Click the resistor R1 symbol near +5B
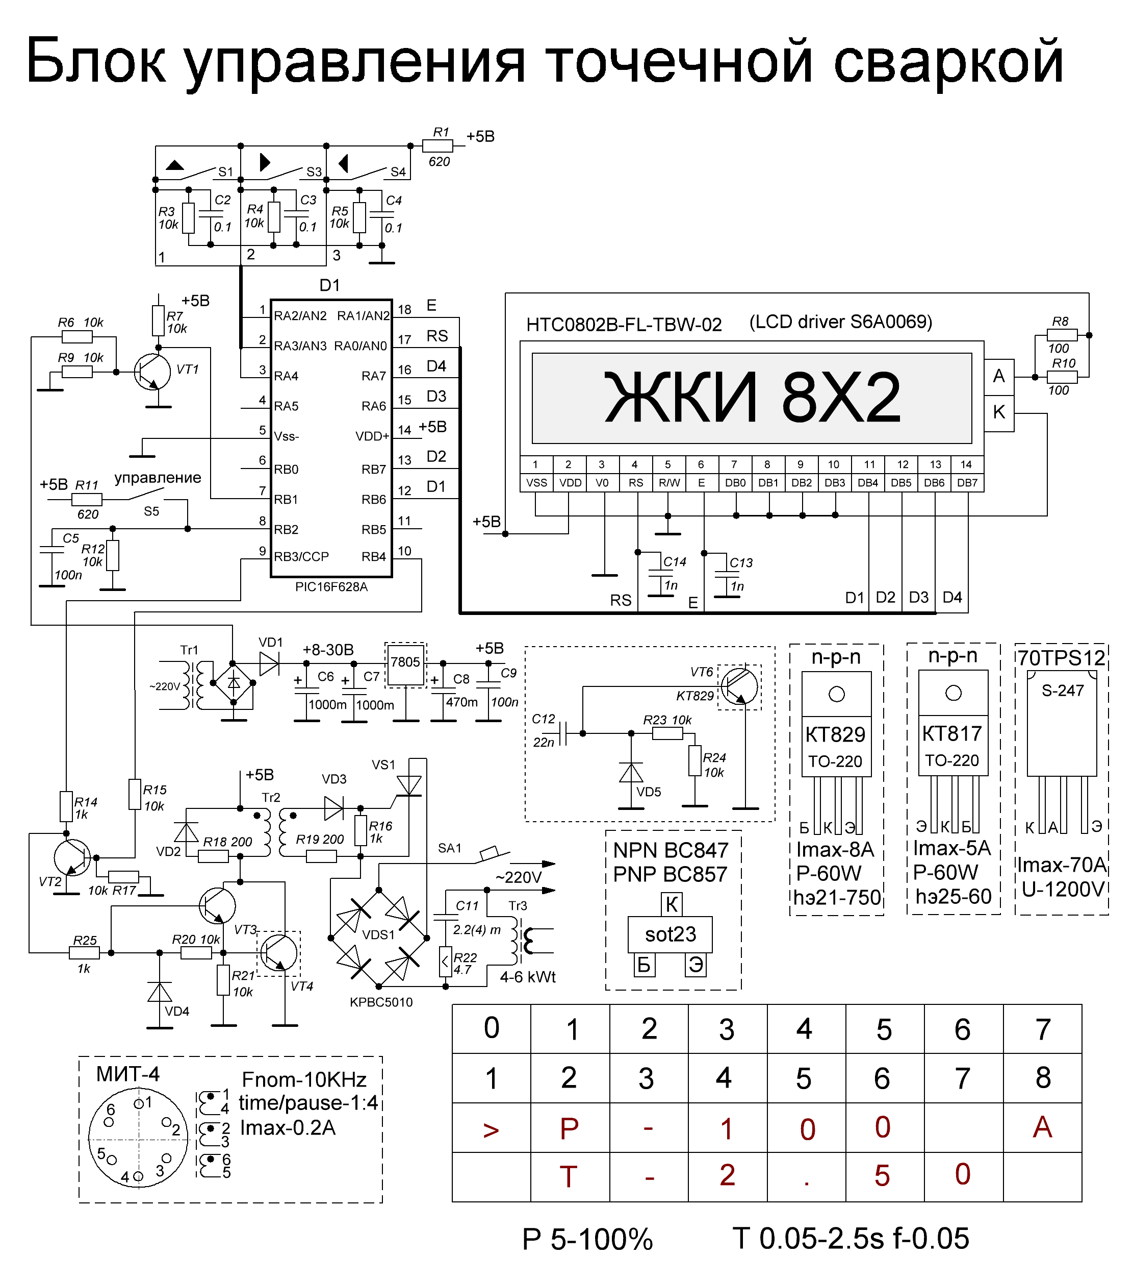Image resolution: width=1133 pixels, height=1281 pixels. pos(437,146)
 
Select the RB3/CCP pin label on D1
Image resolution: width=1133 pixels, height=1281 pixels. pos(301,556)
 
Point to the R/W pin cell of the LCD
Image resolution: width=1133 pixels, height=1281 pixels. pos(668,483)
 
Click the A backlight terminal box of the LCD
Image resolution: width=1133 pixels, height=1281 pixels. pos(999,376)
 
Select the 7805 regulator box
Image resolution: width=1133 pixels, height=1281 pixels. pos(405,663)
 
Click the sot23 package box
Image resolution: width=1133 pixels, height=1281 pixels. pos(670,934)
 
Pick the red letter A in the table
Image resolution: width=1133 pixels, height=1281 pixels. pos(1042,1127)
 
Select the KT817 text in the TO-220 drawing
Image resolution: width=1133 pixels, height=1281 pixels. pos(952,734)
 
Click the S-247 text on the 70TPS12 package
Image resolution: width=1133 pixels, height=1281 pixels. pos(1062,691)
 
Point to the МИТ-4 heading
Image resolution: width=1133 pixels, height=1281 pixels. pos(128,1074)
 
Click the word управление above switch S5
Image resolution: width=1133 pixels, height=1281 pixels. pos(158,478)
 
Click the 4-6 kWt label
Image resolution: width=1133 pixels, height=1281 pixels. pos(527,977)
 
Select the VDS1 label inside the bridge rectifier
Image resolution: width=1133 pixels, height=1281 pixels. pos(378,934)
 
